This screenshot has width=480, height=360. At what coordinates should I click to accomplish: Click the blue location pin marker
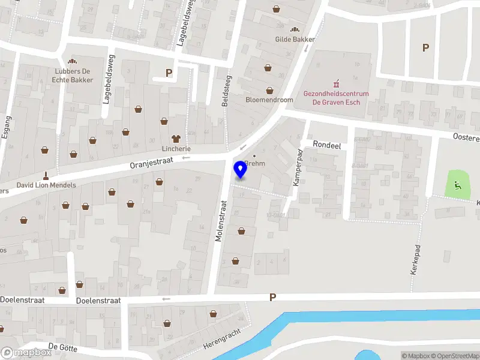[241, 170]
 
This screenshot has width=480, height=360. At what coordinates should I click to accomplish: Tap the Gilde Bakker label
[295, 39]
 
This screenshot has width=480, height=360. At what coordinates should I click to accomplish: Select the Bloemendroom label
[269, 100]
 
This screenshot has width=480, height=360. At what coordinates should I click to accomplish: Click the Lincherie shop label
[176, 148]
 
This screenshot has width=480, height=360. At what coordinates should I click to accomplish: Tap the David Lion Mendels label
[46, 185]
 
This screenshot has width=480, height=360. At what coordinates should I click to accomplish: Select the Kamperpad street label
[297, 167]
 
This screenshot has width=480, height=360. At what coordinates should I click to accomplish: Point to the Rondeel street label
[328, 144]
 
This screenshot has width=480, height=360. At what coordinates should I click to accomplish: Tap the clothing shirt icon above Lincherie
[176, 138]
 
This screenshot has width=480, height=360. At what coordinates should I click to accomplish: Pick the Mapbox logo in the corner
[26, 352]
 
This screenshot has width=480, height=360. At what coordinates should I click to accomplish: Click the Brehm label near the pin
[254, 163]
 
